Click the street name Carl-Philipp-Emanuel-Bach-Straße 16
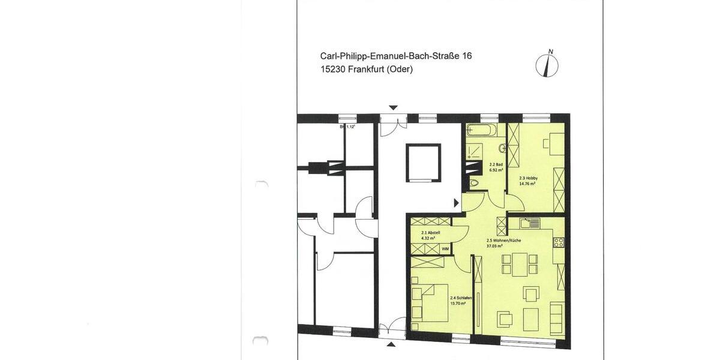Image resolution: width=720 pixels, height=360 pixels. tap(396, 56)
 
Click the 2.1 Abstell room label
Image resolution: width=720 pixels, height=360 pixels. tap(431, 233)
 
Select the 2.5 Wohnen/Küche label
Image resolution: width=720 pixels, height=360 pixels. tap(503, 240)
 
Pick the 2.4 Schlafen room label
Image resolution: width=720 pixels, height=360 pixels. tap(461, 298)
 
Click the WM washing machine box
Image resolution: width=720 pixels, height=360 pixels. tap(445, 248)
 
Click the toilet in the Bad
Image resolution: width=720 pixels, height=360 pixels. tap(474, 183)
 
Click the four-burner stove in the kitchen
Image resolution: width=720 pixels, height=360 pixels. tap(559, 242)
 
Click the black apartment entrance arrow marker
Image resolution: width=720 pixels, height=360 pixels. tap(457, 203)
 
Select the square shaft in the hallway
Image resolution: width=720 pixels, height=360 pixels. tap(423, 162)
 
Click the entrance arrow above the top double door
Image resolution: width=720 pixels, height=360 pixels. tap(393, 108)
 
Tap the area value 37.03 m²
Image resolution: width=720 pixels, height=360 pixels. tap(494, 246)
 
